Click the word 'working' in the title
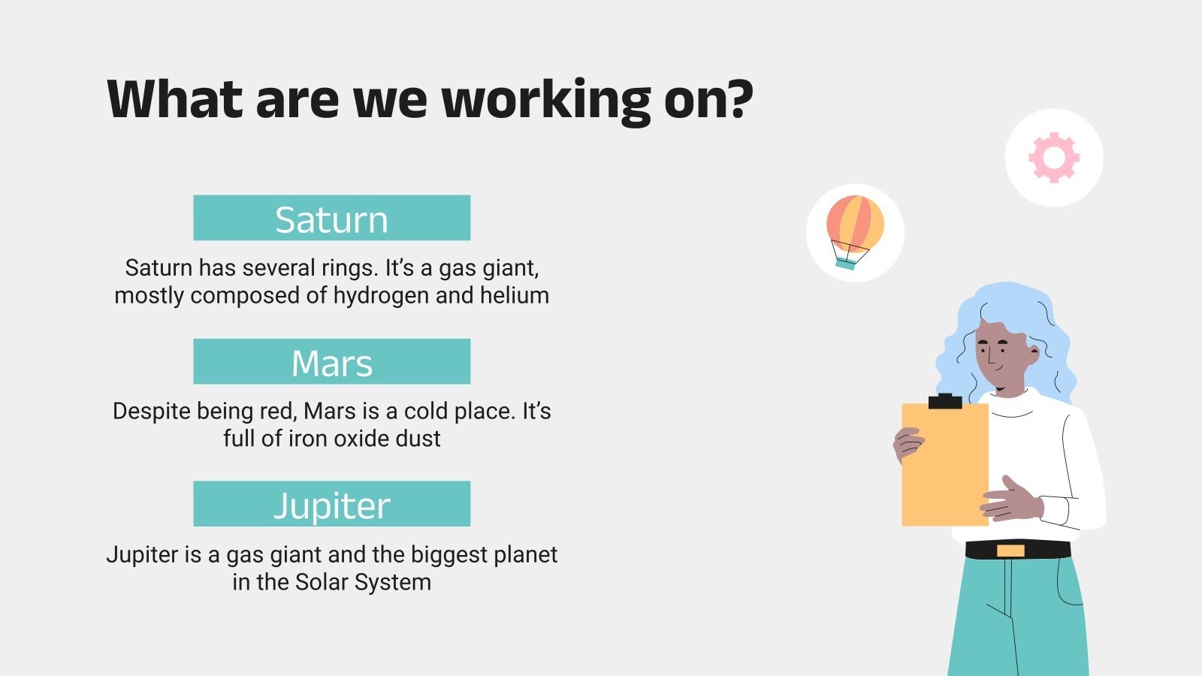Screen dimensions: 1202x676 [546, 101]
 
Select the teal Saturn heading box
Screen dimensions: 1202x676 [331, 218]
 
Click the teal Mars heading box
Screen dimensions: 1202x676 [331, 361]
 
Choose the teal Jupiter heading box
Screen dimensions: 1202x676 [331, 504]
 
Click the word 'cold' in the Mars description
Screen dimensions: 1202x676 [426, 412]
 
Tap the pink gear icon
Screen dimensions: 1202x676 [1054, 158]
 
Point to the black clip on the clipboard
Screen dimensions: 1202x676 [945, 401]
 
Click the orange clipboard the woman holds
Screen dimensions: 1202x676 [945, 465]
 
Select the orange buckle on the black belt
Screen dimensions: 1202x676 [1010, 551]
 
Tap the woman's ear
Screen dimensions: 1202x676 [1034, 354]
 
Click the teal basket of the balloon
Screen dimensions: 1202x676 [846, 264]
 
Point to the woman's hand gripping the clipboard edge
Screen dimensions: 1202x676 [908, 445]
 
